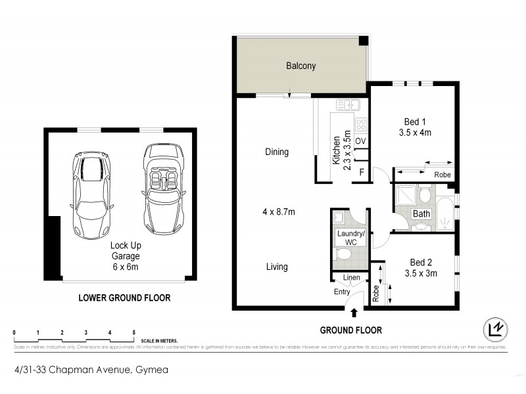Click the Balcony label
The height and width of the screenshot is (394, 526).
coord(300,66)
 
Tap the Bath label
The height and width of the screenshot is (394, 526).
coord(421,213)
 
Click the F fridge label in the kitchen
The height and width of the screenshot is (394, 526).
coord(361,172)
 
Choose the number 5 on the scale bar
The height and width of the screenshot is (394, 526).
coord(134,332)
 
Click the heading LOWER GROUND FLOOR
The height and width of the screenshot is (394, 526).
coord(124,297)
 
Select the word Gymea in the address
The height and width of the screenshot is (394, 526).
coord(152,370)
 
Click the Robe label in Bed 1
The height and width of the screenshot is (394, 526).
coord(442,175)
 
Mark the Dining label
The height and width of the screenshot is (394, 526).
coord(277,152)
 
